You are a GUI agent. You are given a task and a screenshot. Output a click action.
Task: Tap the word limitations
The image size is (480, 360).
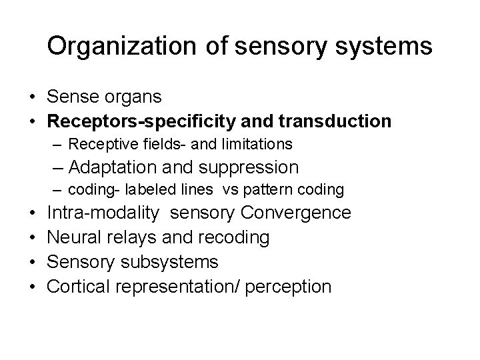(x=257, y=143)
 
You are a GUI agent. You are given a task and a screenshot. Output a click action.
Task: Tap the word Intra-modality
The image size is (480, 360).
(x=103, y=213)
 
